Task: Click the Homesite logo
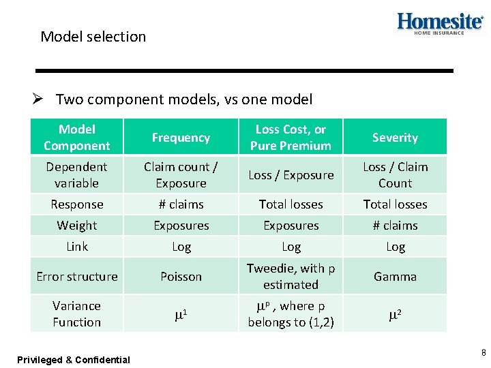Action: [440, 23]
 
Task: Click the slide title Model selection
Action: [93, 37]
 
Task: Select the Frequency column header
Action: [181, 138]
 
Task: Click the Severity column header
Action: [395, 138]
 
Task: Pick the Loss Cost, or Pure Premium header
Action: [291, 138]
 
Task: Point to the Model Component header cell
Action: [77, 138]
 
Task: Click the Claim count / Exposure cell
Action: [181, 175]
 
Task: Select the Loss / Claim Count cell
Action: [395, 175]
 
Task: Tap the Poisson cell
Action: [181, 277]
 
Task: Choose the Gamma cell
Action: [395, 277]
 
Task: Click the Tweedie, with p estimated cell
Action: [291, 277]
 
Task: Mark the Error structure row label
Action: [77, 277]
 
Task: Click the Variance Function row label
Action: [77, 314]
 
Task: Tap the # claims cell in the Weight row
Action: [395, 226]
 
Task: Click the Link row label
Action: [77, 247]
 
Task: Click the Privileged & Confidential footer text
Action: [74, 360]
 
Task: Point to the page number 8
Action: [483, 353]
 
